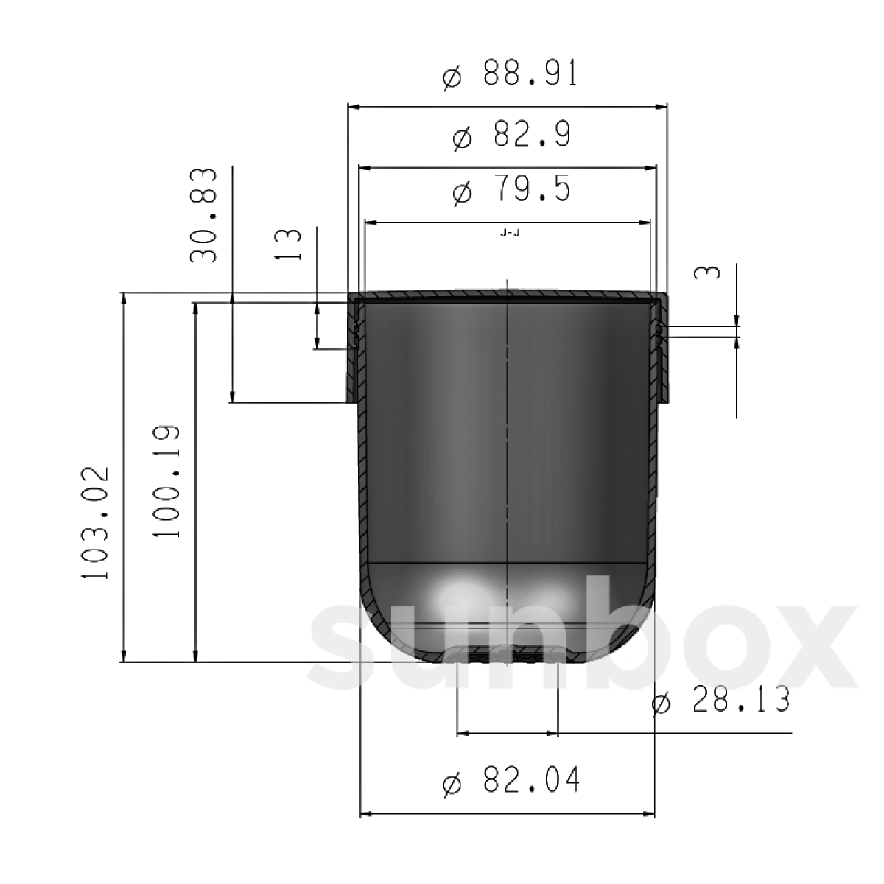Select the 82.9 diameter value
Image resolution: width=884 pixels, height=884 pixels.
click(532, 134)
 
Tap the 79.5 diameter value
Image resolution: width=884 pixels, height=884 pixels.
click(532, 188)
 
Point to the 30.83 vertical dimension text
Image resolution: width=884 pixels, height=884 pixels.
click(203, 215)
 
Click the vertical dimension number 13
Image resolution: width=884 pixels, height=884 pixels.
click(287, 245)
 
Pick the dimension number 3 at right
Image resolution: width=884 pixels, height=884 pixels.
click(707, 273)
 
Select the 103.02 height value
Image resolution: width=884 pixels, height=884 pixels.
click(96, 524)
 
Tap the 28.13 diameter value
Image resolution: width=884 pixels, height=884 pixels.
click(741, 700)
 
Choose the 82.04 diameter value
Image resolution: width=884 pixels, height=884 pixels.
click(532, 779)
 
